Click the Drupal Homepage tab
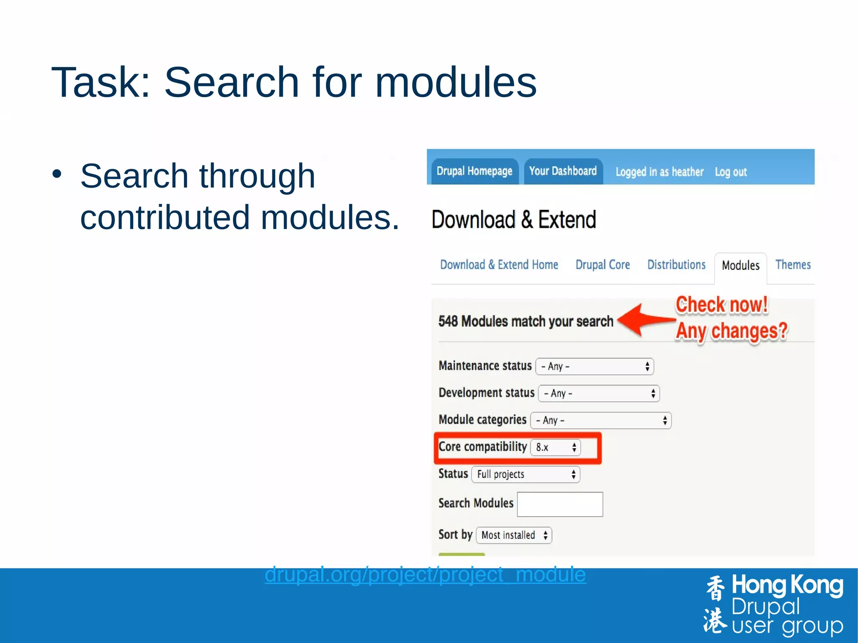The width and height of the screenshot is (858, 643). pyautogui.click(x=474, y=171)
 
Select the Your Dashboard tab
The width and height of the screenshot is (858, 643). pyautogui.click(x=563, y=171)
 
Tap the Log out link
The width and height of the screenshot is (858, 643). pyautogui.click(x=731, y=172)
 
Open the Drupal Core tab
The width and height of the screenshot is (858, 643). pyautogui.click(x=602, y=265)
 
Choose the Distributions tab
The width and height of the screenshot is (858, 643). pyautogui.click(x=676, y=265)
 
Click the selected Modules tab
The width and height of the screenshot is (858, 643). pyautogui.click(x=740, y=266)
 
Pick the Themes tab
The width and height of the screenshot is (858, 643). pyautogui.click(x=793, y=265)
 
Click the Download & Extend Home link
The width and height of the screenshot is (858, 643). pyautogui.click(x=499, y=265)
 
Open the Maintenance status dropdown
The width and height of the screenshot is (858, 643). pyautogui.click(x=594, y=367)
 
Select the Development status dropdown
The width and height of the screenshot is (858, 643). pyautogui.click(x=599, y=393)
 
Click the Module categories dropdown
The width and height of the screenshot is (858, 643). pyautogui.click(x=601, y=420)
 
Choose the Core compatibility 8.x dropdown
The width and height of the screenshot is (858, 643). pyautogui.click(x=556, y=447)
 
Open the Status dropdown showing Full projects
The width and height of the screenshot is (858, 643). pyautogui.click(x=525, y=474)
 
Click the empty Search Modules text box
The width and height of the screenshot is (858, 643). pyautogui.click(x=560, y=504)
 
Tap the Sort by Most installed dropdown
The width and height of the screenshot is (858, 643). pyautogui.click(x=514, y=535)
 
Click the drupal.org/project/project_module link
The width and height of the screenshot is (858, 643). pyautogui.click(x=425, y=574)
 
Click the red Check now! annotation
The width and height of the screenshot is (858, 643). pyautogui.click(x=721, y=305)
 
